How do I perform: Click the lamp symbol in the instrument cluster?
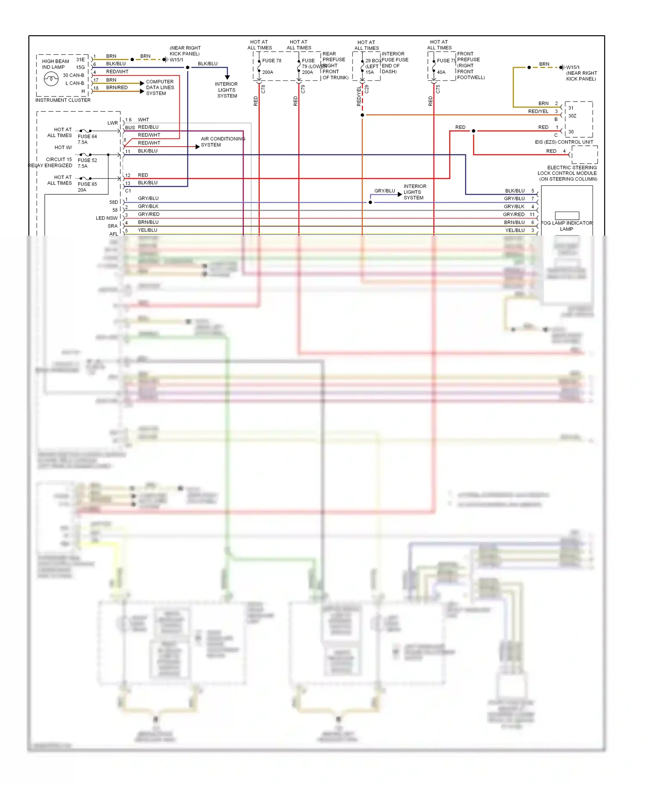[x=51, y=79]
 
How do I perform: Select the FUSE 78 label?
[x=272, y=61]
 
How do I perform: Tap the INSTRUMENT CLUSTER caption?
[x=63, y=100]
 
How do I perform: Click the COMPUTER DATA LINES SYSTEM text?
[x=160, y=87]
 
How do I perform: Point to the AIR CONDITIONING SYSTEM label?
[x=223, y=142]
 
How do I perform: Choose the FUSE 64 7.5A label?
[x=87, y=139]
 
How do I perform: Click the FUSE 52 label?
[x=87, y=160]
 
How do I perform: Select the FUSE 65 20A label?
[x=87, y=187]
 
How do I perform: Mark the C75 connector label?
[x=438, y=89]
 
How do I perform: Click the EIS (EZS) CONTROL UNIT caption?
[x=564, y=142]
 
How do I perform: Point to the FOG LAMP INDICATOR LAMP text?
[x=566, y=226]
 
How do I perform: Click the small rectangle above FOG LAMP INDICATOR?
[x=567, y=215]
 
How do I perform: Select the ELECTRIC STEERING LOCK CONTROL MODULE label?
[x=568, y=173]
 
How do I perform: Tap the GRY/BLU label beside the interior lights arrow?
[x=384, y=191]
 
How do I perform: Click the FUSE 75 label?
[x=446, y=61]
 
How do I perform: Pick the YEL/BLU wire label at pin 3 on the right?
[x=515, y=230]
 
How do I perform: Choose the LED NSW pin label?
[x=107, y=218]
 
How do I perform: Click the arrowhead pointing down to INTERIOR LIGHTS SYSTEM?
[x=227, y=77]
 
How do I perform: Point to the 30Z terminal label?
[x=572, y=116]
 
